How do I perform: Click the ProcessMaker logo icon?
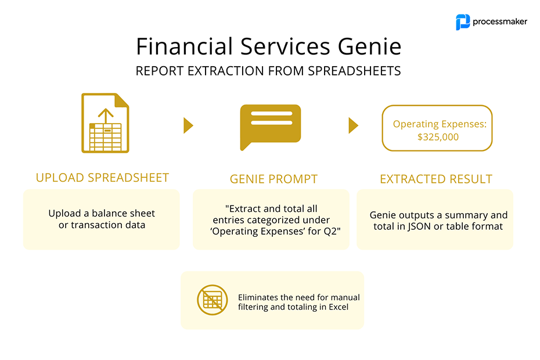(463, 22)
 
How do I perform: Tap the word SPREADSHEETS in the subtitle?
(354, 71)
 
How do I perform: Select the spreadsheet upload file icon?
(105, 123)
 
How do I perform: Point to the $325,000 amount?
(438, 137)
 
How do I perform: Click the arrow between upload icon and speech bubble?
(188, 125)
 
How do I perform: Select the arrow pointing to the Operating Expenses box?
(354, 125)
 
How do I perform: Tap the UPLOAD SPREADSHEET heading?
(102, 178)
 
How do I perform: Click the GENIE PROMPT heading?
(274, 179)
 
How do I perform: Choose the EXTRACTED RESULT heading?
(436, 179)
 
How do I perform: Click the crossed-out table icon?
(213, 300)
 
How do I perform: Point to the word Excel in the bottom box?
(339, 307)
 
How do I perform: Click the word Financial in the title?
(185, 46)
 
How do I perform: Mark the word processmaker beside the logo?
(500, 21)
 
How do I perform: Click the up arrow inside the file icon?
(106, 116)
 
